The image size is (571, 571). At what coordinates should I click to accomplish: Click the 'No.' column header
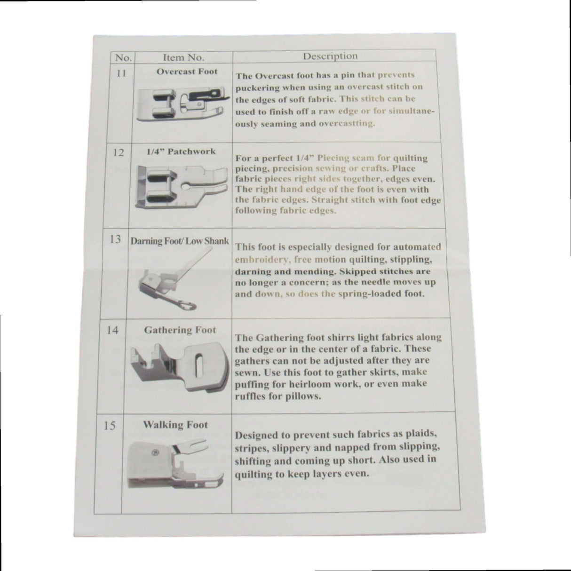tap(123, 57)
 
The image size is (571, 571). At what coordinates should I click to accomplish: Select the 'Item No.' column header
tap(184, 57)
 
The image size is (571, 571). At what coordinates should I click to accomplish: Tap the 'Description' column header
tap(330, 56)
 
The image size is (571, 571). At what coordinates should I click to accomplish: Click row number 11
tap(121, 73)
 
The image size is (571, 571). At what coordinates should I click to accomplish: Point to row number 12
tap(119, 152)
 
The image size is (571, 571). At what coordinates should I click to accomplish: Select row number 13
tap(115, 239)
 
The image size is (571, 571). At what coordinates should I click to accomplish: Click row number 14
tap(112, 330)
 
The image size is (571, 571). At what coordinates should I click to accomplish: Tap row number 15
tap(109, 426)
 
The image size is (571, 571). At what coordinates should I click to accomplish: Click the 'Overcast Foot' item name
tap(187, 71)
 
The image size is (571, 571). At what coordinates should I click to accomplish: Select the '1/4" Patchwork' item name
tap(181, 152)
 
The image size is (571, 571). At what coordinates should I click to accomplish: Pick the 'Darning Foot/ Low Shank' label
tap(180, 241)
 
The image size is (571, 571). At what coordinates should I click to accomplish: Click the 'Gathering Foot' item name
tap(180, 330)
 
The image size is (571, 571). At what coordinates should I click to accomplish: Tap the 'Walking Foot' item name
tap(175, 425)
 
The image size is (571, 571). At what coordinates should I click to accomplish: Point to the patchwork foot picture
tap(182, 187)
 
